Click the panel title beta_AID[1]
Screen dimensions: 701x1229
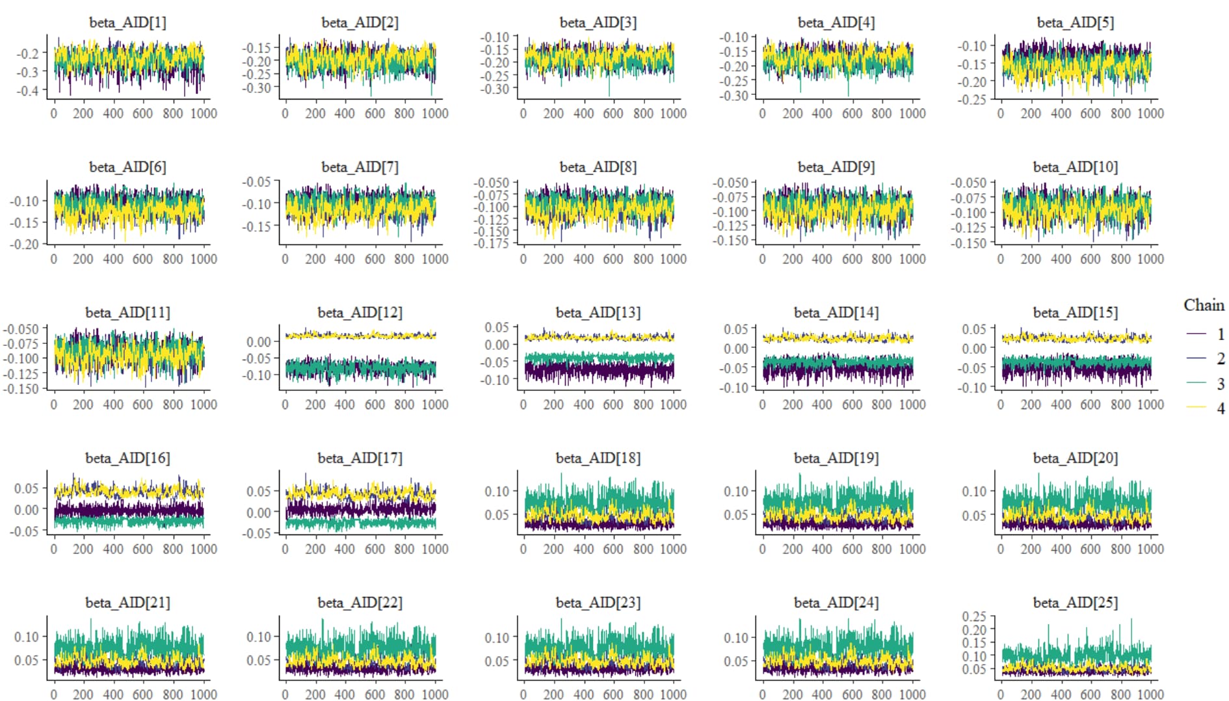coord(127,22)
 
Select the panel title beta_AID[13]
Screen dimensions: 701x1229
coord(598,313)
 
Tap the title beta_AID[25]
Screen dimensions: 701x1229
coord(1075,603)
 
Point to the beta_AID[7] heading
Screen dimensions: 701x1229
coord(360,167)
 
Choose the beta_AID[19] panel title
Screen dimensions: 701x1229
coord(836,458)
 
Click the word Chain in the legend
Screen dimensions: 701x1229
coord(1204,305)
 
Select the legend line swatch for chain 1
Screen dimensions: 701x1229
coord(1196,334)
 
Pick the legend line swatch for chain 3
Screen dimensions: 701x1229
coord(1196,383)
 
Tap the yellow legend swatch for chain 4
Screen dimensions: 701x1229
coord(1196,408)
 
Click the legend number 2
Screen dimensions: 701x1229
coord(1221,358)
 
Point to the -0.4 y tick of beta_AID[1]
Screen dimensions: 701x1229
coord(28,91)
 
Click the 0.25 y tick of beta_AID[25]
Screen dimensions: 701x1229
coord(974,616)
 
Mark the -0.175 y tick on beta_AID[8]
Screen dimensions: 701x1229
coord(492,243)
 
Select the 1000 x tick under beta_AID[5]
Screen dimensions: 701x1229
coord(1150,113)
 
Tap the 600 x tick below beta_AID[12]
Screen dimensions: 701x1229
coord(375,404)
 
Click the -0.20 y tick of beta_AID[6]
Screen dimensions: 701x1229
coord(24,244)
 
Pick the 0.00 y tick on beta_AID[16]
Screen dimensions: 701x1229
coord(27,509)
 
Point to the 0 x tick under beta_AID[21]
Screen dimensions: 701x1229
coord(53,694)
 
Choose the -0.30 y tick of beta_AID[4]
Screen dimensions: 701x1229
coord(733,96)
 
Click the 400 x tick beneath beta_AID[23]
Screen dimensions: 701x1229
coord(583,694)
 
